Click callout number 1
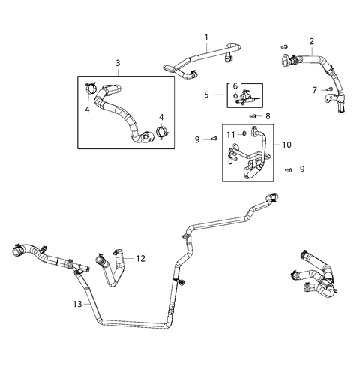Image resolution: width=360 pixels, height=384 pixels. pos(206,37)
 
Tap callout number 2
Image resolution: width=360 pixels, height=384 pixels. pos(311,41)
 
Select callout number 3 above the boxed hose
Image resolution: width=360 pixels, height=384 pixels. pos(118,63)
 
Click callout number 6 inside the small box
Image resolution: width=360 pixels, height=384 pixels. pos(235,87)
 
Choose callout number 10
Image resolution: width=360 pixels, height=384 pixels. pos(286,142)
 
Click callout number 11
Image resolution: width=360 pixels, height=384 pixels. pos(232,133)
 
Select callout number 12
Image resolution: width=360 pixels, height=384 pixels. pos(139,258)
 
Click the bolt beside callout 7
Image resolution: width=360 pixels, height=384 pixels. pos(328,89)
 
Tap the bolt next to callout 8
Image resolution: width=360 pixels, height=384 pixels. pos(254,116)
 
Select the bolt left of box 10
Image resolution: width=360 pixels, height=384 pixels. pos(214,139)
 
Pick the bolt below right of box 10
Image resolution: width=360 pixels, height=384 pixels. pos(289,170)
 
